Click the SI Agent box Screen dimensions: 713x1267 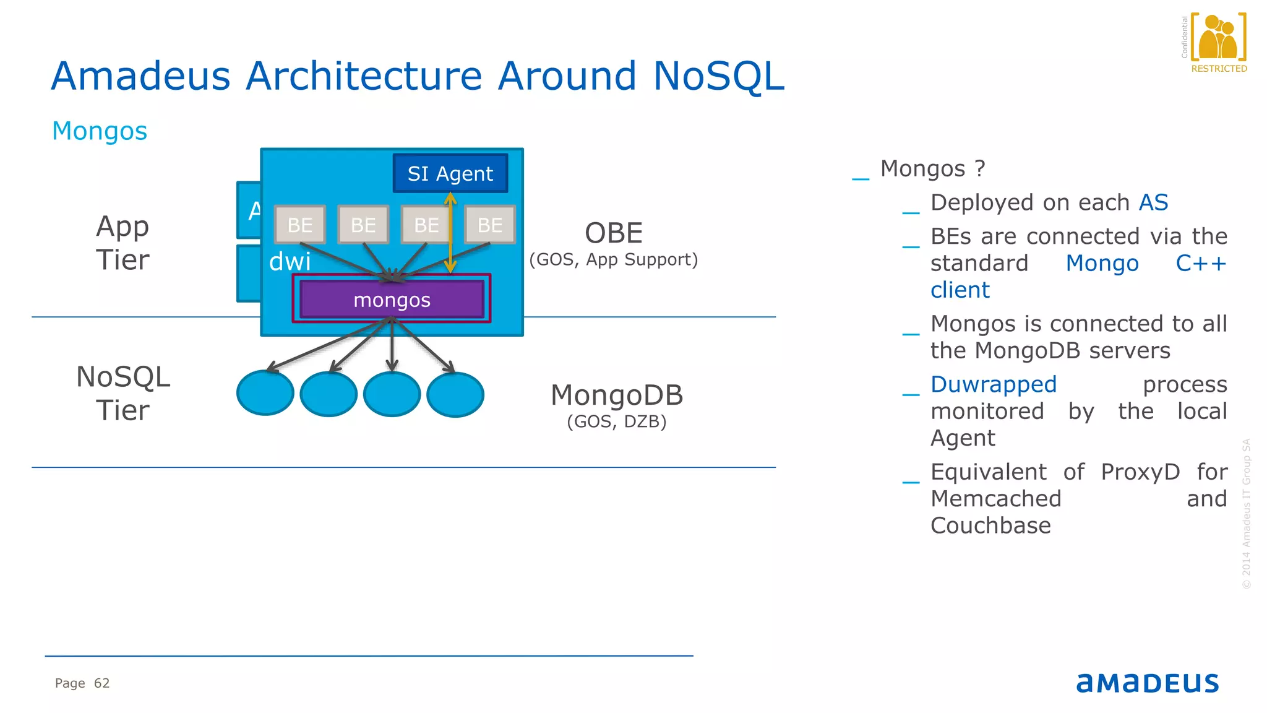pos(450,173)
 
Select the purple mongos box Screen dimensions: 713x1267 pos(392,300)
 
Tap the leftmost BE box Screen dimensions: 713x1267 pos(300,225)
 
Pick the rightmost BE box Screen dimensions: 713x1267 pos(490,225)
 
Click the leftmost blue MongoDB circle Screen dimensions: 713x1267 pos(265,394)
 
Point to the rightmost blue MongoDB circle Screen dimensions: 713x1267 pos(455,395)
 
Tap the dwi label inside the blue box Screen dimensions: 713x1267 pos(290,261)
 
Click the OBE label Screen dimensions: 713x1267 pos(614,233)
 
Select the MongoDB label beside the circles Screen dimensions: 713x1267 pos(617,395)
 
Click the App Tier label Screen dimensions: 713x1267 pos(122,243)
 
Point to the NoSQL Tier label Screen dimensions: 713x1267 pos(122,393)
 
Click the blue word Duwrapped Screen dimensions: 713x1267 pos(994,384)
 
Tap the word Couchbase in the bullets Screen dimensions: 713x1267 pos(990,525)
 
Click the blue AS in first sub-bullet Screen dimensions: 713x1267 pos(1153,202)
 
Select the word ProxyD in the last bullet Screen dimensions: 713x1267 pos(1140,472)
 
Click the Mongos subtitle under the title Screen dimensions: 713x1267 pos(100,131)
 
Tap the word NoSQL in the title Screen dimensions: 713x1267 pos(718,76)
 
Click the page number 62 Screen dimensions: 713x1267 pos(101,683)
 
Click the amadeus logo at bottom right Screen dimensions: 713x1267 pos(1148,683)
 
